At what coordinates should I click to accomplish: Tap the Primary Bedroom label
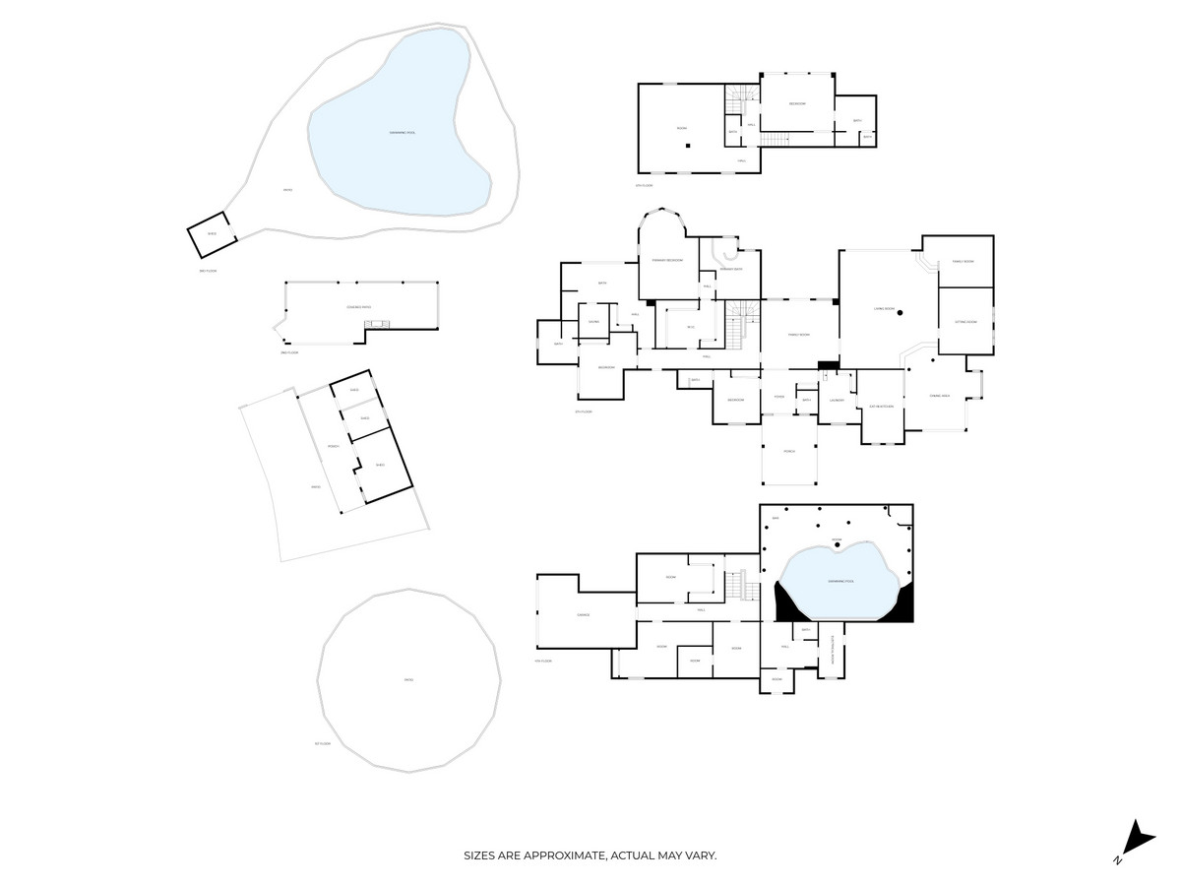pyautogui.click(x=667, y=260)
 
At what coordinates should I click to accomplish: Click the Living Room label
pyautogui.click(x=884, y=309)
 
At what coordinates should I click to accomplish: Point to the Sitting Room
pyautogui.click(x=964, y=322)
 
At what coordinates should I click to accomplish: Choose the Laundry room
pyautogui.click(x=838, y=400)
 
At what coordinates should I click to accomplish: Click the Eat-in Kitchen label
pyautogui.click(x=881, y=407)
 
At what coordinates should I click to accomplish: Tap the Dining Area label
pyautogui.click(x=940, y=396)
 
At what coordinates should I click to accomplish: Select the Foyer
pyautogui.click(x=778, y=397)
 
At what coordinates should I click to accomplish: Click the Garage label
pyautogui.click(x=583, y=615)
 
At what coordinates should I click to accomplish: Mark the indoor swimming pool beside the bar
pyautogui.click(x=840, y=582)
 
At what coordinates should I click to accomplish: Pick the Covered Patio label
pyautogui.click(x=358, y=308)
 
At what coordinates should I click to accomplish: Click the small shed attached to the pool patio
pyautogui.click(x=211, y=233)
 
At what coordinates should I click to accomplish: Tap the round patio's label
pyautogui.click(x=407, y=680)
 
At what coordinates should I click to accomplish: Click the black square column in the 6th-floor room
pyautogui.click(x=689, y=146)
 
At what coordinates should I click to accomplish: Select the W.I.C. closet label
pyautogui.click(x=691, y=327)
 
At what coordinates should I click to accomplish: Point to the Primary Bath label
pyautogui.click(x=730, y=269)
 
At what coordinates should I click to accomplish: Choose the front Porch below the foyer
pyautogui.click(x=788, y=451)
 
